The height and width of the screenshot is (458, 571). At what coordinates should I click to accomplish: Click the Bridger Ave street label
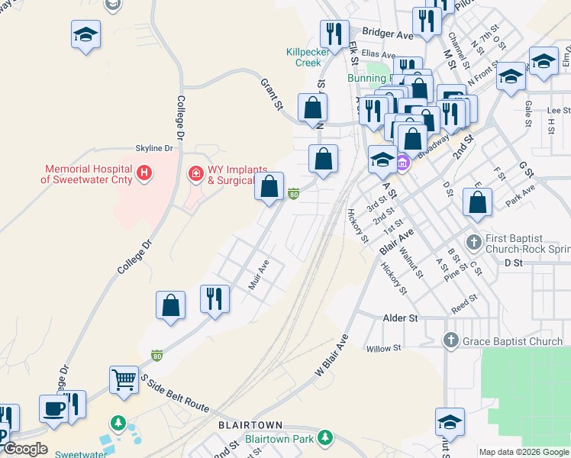click(x=388, y=34)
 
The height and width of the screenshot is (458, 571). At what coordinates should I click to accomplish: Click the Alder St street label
click(x=402, y=318)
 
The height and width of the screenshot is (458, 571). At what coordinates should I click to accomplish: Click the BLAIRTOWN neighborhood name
click(x=250, y=424)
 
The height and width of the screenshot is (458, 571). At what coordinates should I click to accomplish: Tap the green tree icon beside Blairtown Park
click(x=325, y=437)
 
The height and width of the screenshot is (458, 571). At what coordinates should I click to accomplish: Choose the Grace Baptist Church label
click(x=513, y=341)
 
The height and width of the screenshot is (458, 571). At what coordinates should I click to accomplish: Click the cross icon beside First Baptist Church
click(x=474, y=241)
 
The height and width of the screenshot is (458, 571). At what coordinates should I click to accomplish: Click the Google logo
click(x=25, y=449)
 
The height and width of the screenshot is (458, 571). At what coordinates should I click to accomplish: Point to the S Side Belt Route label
click(x=174, y=393)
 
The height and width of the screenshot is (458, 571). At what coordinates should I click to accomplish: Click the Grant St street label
click(x=272, y=93)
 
